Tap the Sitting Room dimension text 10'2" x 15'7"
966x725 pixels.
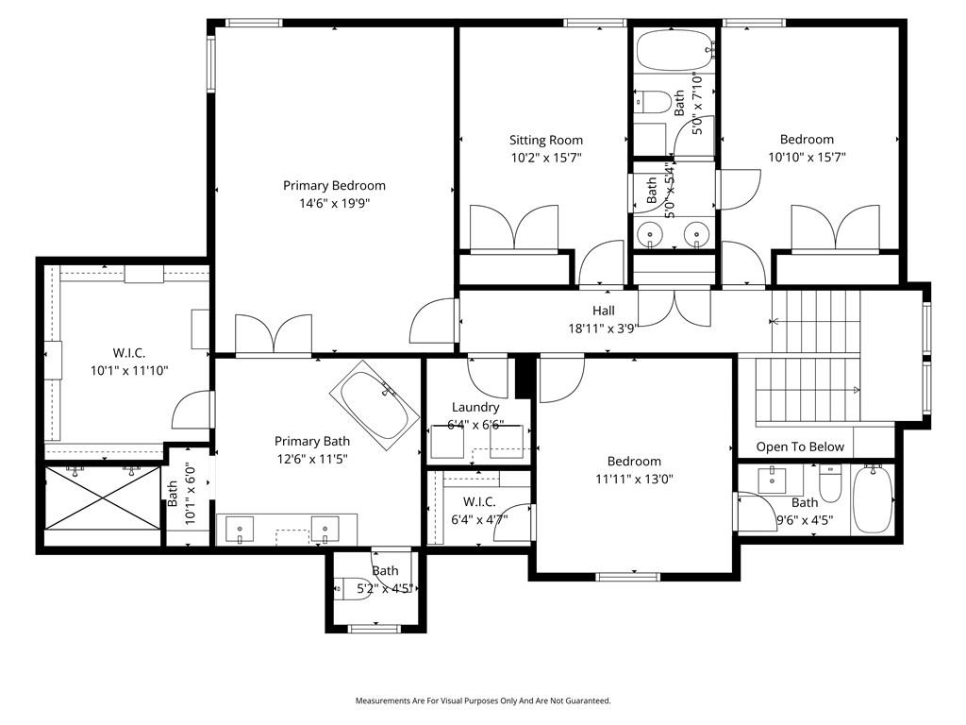point(546,158)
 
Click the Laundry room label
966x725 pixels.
point(475,407)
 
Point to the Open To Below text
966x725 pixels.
point(800,447)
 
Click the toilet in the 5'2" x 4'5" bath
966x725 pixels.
point(346,587)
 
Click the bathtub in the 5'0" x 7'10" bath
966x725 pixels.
point(674,49)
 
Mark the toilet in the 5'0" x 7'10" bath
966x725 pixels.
point(654,99)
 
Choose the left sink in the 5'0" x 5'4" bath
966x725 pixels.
point(649,233)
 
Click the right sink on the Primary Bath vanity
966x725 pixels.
point(325,528)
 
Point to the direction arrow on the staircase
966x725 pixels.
point(855,390)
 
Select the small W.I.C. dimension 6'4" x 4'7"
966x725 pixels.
point(479,518)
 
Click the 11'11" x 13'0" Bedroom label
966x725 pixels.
point(633,461)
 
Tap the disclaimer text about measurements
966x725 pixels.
point(483,700)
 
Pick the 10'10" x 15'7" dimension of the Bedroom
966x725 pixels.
point(807,158)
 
